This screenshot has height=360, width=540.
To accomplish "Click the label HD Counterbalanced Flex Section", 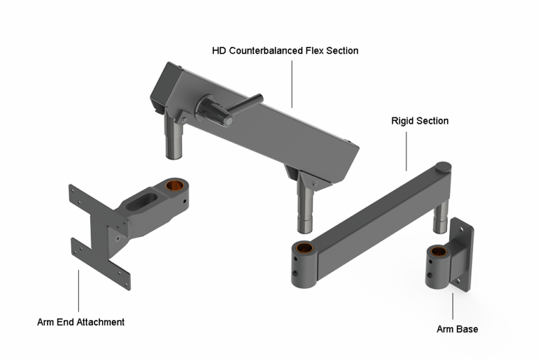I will point(285,51).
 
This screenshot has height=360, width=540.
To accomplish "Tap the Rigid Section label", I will point(419,121).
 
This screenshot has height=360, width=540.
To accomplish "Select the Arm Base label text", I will point(456,328).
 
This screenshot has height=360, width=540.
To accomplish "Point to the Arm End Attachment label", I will point(80,321).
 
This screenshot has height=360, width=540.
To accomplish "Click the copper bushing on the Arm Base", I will point(439,252).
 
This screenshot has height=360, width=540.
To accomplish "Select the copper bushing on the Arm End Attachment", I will point(174,186).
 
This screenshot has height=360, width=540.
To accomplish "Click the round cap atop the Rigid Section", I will point(443,167).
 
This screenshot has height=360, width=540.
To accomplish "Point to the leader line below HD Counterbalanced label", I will point(292,82).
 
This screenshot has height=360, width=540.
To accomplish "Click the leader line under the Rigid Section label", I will point(406,150).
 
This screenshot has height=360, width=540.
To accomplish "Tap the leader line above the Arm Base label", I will point(453,307).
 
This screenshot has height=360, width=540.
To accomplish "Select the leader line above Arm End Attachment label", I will point(79,290).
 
